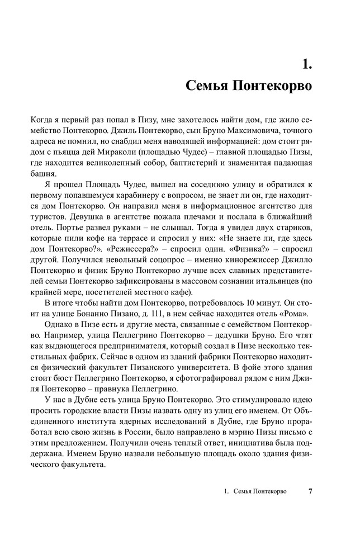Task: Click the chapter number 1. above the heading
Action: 306,65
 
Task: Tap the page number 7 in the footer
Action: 310,492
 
